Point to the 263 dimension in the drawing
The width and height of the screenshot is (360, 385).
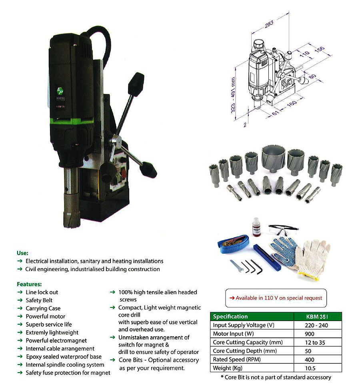[x=268, y=24]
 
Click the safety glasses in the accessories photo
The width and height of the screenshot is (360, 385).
[x=283, y=230]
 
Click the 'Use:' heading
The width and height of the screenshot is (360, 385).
[x=22, y=253]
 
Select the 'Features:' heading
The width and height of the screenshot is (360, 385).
[x=29, y=284]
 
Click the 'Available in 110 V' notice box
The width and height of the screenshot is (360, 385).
[x=276, y=298]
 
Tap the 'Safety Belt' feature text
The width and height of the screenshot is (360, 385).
[x=39, y=300]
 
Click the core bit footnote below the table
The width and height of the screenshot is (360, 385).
[x=276, y=377]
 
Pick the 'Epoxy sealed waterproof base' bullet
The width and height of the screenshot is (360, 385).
[x=63, y=357]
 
